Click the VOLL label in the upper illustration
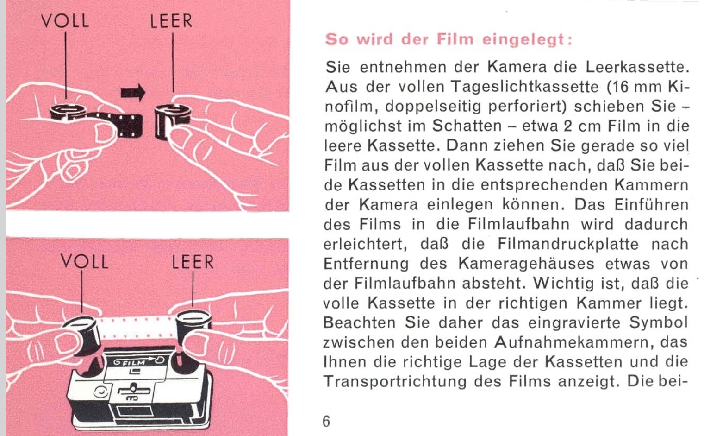point(65,21)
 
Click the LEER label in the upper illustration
point(171,21)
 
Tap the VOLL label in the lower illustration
point(85,261)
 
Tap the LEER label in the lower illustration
point(193,262)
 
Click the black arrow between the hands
point(133,93)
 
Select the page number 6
point(326,421)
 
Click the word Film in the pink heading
point(455,40)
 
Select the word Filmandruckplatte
point(568,244)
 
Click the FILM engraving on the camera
point(134,363)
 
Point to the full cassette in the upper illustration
point(68,112)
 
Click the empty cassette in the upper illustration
point(173,121)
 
